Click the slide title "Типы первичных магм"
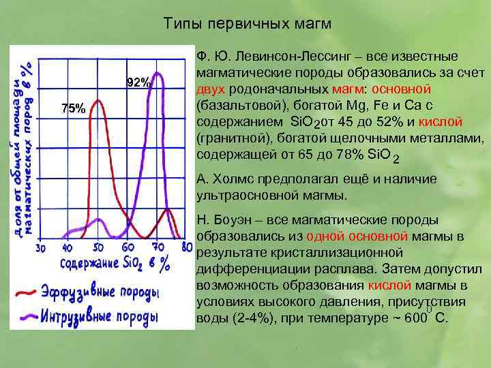248,24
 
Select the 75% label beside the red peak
73,108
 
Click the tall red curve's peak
100,102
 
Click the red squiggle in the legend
26,294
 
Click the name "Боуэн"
232,220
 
